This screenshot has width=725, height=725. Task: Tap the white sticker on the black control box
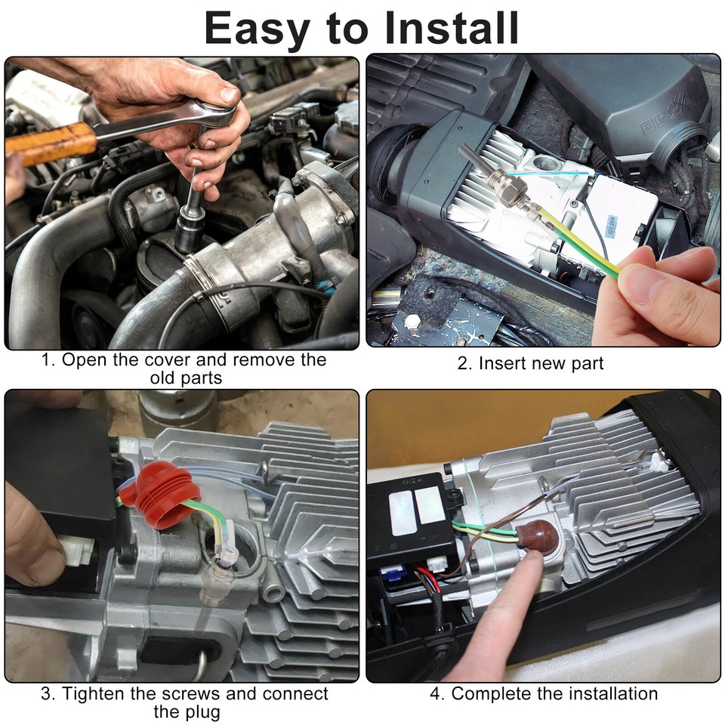[416, 502]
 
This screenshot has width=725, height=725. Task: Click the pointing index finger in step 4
[514, 597]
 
